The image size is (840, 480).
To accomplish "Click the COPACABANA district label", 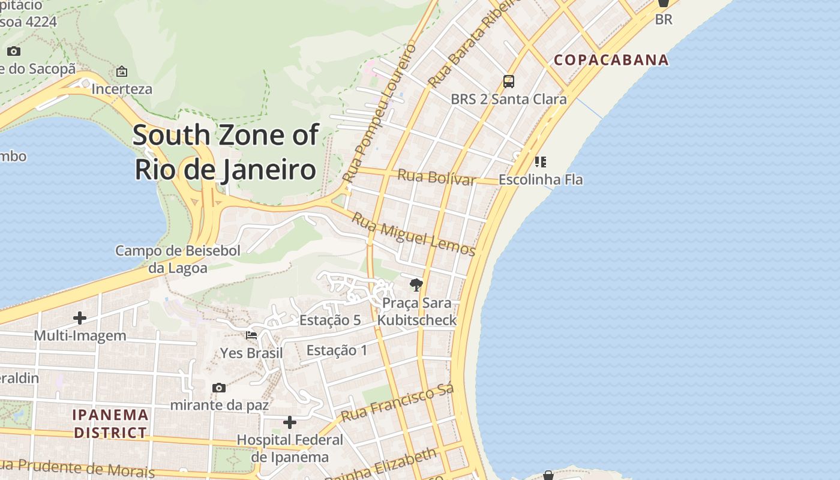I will tap(611, 59).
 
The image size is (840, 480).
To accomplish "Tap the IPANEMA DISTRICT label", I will tap(110, 423).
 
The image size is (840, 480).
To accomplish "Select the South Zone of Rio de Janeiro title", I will tap(225, 152).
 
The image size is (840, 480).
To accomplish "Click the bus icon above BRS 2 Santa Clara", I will tap(509, 81).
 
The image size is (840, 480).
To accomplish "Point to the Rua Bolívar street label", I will tap(437, 177).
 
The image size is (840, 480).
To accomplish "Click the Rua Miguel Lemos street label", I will tap(413, 234).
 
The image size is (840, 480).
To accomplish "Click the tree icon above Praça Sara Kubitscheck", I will tap(416, 284).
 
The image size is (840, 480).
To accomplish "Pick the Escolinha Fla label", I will tap(541, 179).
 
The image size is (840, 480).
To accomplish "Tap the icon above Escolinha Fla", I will tap(541, 161).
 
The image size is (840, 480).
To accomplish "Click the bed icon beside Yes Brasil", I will tap(251, 335).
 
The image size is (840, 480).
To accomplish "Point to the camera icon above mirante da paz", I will tap(219, 388).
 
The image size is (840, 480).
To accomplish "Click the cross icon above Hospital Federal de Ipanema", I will tap(290, 422).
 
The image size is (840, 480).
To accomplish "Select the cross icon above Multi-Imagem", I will tap(80, 317).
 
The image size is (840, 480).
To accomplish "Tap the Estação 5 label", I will tap(330, 320).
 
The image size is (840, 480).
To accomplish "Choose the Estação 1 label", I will tap(337, 350).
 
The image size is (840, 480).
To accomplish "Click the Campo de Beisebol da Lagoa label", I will tap(178, 259).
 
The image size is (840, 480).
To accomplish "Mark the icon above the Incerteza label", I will tap(122, 71).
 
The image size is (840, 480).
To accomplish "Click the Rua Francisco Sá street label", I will tap(397, 403).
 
